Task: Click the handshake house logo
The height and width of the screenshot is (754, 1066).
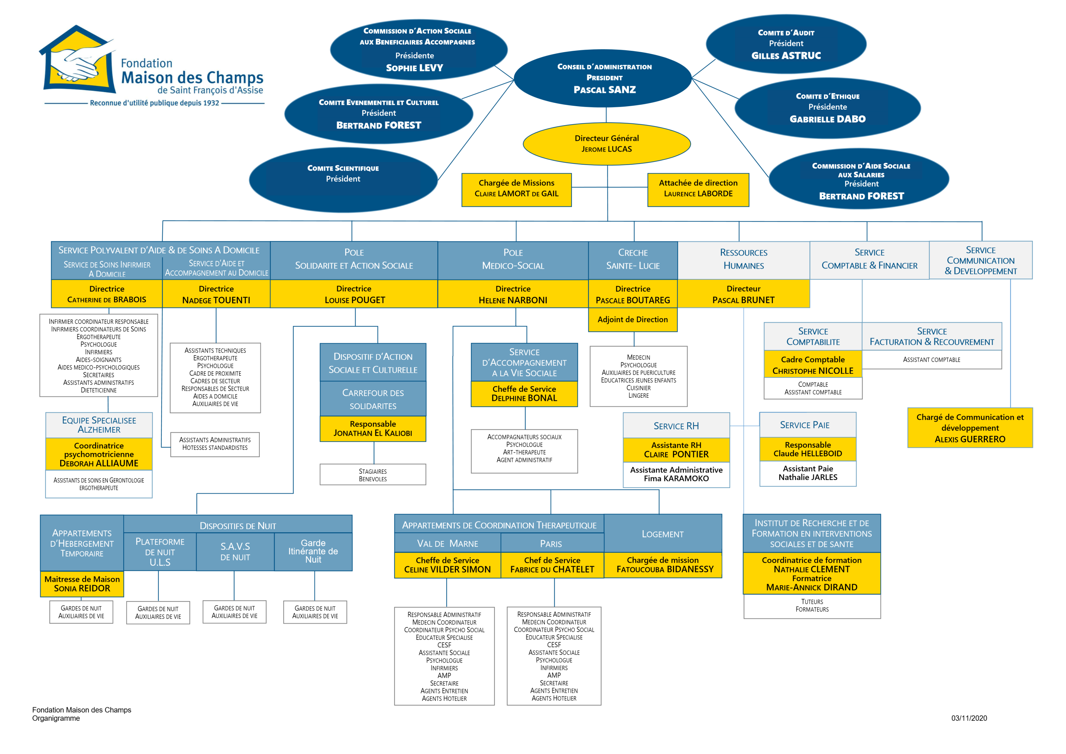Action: click(78, 61)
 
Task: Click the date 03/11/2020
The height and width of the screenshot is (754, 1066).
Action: click(969, 718)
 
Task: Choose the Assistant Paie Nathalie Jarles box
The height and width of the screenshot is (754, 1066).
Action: click(808, 473)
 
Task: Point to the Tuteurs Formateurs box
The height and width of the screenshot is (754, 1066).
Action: click(812, 606)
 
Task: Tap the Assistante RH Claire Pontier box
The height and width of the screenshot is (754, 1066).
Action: click(676, 450)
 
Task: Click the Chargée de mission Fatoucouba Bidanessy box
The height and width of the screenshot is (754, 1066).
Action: click(663, 565)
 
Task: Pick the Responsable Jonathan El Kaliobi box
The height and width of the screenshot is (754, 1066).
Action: click(373, 428)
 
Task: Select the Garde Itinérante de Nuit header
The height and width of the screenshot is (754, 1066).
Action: click(313, 551)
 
